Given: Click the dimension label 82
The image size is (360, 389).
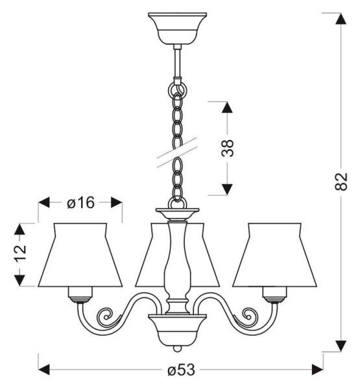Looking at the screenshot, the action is (341, 182).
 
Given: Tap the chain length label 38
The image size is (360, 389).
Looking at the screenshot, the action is (228, 148).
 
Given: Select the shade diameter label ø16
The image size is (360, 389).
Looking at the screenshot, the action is (81, 203).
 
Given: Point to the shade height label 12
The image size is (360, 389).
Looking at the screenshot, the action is (20, 253).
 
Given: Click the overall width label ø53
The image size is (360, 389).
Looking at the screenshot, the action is (181, 370).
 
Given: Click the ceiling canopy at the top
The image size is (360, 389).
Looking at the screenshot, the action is (177, 29).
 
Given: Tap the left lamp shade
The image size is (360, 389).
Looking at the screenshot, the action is (80, 255).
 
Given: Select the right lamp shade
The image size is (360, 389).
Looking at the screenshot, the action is (274, 255).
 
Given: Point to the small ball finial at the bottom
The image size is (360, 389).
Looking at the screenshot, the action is (177, 349).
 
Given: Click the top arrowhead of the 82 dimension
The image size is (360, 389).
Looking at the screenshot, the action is (341, 18).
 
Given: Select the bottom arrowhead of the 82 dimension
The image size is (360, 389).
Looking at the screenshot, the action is (341, 346).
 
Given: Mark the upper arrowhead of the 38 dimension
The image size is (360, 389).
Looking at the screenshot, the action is (227, 107).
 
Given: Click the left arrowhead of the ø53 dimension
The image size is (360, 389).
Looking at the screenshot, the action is (44, 370).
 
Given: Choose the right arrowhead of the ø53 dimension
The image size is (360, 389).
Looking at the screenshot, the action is (317, 370).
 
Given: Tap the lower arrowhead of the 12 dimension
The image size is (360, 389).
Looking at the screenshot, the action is (19, 281).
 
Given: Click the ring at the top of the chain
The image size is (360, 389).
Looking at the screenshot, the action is (177, 89).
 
